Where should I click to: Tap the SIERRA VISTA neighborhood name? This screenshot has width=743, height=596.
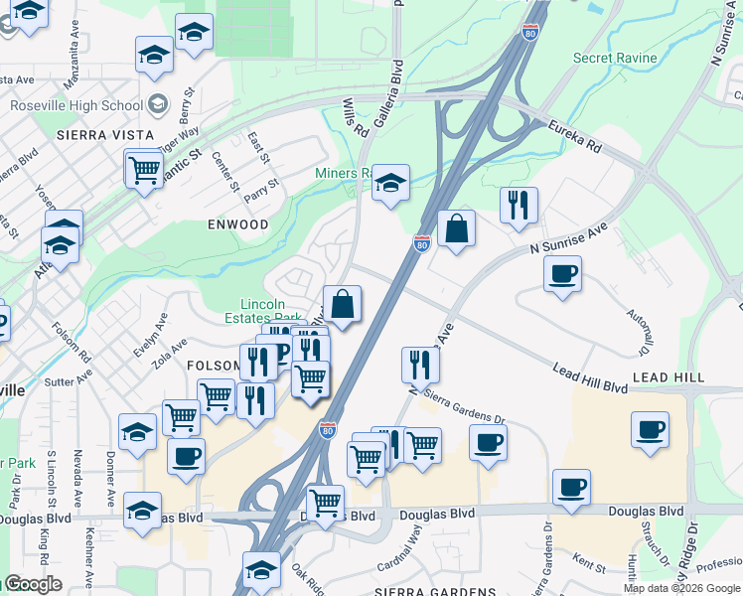(x=105, y=134)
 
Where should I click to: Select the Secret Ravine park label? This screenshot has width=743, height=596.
(x=615, y=58)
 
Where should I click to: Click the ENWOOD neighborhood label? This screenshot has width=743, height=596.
(x=238, y=224)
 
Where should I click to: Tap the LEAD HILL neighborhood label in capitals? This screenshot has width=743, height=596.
(x=669, y=377)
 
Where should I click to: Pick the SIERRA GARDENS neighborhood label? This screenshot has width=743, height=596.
(x=435, y=591)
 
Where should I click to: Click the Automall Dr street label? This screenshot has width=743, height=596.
(x=637, y=333)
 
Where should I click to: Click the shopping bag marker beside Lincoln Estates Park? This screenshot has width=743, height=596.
(x=343, y=305)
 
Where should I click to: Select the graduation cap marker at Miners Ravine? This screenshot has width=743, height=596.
(x=391, y=183)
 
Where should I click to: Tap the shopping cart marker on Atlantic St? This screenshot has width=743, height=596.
(x=144, y=169)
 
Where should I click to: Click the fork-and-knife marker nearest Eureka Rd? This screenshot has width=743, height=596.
(x=519, y=206)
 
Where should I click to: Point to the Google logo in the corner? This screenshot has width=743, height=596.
(x=32, y=584)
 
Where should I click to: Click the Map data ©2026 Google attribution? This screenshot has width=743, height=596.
(x=681, y=588)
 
